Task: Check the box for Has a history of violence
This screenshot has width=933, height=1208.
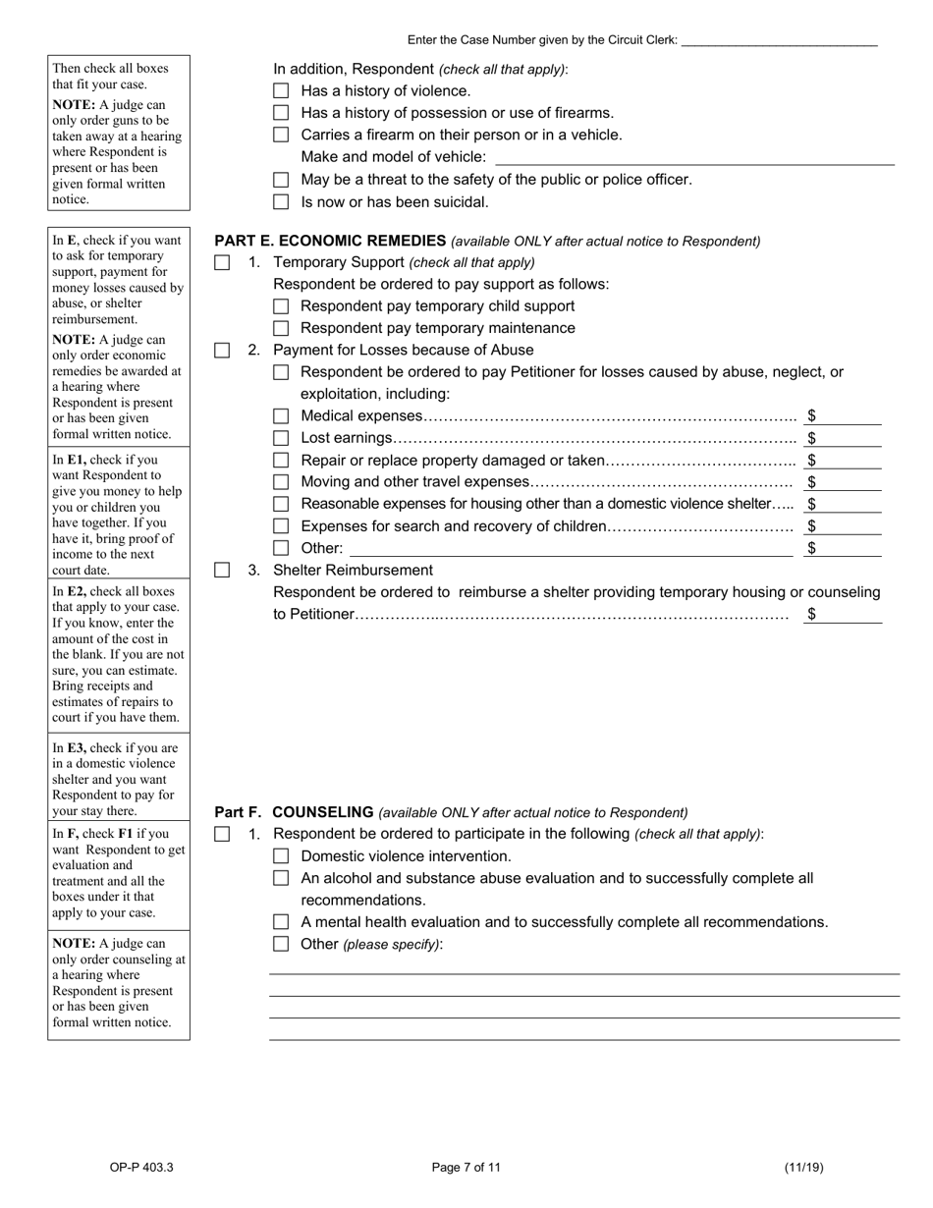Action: [281, 91]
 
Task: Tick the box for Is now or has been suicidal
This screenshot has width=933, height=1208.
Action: [281, 202]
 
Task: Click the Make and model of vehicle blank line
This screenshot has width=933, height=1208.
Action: [694, 158]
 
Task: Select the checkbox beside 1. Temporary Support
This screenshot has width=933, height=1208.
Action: [222, 263]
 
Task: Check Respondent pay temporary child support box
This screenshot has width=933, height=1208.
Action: [281, 306]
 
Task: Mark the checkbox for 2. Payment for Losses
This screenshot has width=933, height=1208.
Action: [222, 351]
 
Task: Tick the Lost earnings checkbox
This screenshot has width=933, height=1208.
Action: [281, 438]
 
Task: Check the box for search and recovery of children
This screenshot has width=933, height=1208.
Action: [281, 526]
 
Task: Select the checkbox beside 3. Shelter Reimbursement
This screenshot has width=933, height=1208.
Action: [222, 571]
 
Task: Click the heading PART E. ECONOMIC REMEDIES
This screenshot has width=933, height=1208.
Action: [330, 241]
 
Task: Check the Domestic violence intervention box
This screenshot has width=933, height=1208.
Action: [281, 856]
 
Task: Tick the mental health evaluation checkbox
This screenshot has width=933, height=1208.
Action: [281, 922]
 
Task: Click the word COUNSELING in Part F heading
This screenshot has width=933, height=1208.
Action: [322, 812]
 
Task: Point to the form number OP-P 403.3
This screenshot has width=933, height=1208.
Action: [141, 1168]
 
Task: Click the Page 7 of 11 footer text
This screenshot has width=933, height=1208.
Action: [466, 1168]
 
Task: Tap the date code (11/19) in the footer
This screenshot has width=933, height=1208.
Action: [803, 1168]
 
